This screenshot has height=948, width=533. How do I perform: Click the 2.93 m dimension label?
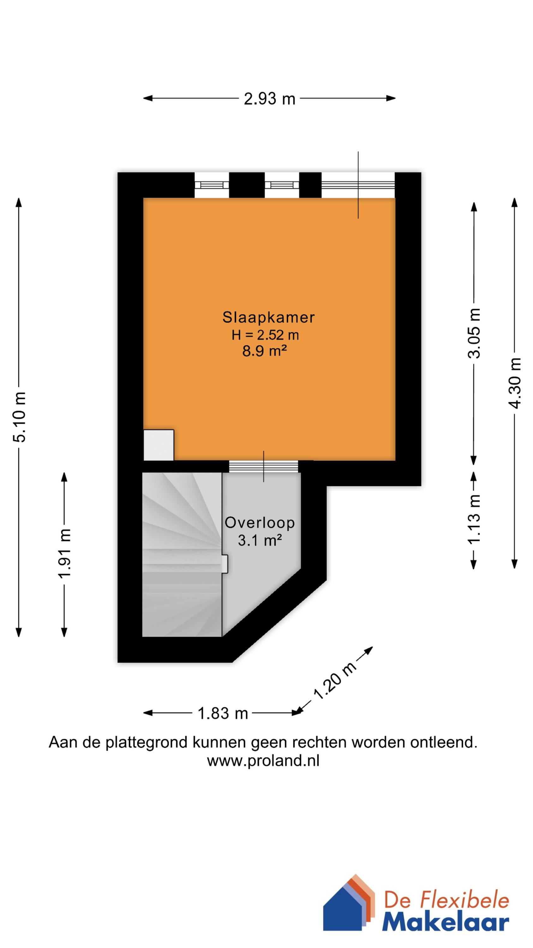(x=269, y=99)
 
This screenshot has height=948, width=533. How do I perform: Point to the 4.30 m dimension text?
(x=515, y=383)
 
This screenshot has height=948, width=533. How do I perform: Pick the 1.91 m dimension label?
(x=65, y=554)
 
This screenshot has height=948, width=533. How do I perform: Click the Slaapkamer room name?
(x=268, y=318)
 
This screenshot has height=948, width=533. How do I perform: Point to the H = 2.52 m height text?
(x=265, y=335)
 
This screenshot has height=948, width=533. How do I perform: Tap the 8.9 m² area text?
(x=264, y=352)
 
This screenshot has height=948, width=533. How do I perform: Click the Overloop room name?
(x=260, y=523)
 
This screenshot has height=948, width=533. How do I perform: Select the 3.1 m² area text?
(x=260, y=541)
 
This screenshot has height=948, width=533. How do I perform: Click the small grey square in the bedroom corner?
(x=159, y=445)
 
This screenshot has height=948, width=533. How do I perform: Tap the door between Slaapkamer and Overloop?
(x=263, y=466)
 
